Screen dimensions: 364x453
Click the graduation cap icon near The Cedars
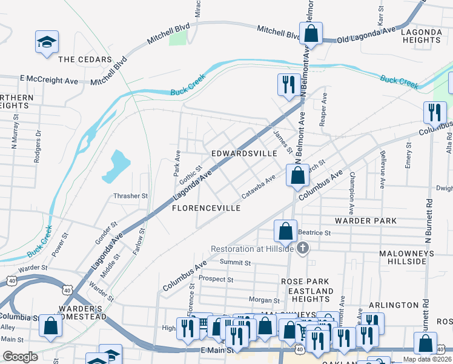pos(47,42)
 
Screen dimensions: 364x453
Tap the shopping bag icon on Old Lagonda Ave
pos(311,34)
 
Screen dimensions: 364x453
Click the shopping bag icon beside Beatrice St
pos(285,232)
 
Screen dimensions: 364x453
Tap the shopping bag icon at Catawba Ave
pos(297,177)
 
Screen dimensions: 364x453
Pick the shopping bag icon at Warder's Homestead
pos(51,326)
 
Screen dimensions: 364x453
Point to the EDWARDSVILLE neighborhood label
pos(244,154)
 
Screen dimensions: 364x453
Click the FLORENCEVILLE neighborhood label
pos(207,208)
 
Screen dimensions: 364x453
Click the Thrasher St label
pos(131,196)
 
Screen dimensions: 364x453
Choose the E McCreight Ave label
pos(49,79)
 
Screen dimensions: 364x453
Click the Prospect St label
pos(216,280)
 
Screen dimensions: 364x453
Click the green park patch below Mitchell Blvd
pos(178,38)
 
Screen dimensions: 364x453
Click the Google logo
pos(20,357)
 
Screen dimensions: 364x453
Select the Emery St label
pos(409,155)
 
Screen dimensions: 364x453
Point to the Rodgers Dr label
pos(38,141)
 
